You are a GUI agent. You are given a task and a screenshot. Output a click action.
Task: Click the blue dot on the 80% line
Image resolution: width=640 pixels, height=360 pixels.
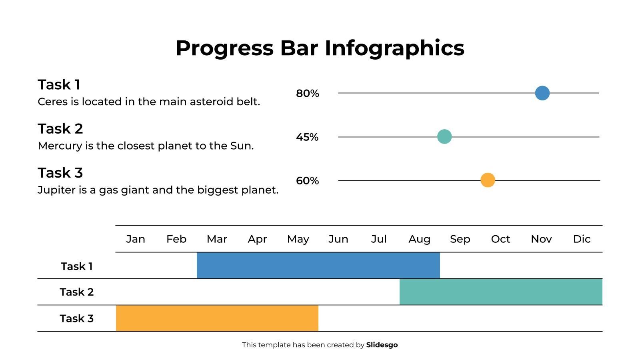(x=542, y=93)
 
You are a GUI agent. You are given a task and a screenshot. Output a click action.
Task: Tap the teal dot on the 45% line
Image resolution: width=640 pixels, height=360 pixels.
(x=444, y=136)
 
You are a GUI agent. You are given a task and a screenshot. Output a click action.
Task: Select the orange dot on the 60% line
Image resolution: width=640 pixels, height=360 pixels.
(x=487, y=180)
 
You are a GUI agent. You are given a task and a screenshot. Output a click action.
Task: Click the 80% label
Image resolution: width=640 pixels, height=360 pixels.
(x=307, y=94)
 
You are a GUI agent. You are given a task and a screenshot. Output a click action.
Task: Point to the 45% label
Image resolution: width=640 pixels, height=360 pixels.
(x=307, y=137)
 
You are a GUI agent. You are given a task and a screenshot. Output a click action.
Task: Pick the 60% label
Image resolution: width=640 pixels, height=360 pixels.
(x=307, y=181)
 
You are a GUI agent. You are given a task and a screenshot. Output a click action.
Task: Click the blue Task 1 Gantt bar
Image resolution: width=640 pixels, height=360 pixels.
(x=318, y=265)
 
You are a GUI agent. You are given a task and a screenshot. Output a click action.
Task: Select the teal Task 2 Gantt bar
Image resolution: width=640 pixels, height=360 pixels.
(x=500, y=292)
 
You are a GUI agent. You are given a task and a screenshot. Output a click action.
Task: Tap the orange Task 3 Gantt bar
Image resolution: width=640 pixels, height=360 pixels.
(x=217, y=318)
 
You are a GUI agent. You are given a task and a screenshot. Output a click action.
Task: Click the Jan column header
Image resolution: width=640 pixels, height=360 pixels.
(x=136, y=239)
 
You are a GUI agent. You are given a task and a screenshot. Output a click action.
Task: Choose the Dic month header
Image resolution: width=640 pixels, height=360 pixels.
(x=582, y=239)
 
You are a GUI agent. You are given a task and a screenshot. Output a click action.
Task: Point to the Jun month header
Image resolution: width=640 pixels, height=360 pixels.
(x=338, y=239)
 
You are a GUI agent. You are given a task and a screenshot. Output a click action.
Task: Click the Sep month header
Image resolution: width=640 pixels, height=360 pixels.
(x=460, y=239)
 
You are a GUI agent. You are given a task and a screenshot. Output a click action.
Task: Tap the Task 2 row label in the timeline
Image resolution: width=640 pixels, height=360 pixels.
(x=76, y=292)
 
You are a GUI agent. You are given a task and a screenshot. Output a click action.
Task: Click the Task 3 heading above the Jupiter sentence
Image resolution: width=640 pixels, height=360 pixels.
(x=60, y=173)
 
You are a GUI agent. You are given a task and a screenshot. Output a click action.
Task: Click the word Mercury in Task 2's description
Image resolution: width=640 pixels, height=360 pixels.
(x=60, y=146)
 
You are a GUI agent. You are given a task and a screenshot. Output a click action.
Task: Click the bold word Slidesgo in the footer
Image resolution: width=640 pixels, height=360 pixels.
(x=382, y=345)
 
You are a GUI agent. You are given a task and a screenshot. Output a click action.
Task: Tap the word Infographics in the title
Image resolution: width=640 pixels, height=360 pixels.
(x=394, y=48)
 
